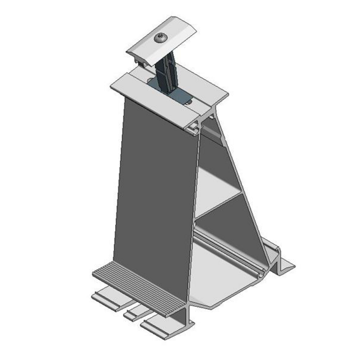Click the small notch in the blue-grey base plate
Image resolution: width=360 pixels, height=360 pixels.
[189, 101]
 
